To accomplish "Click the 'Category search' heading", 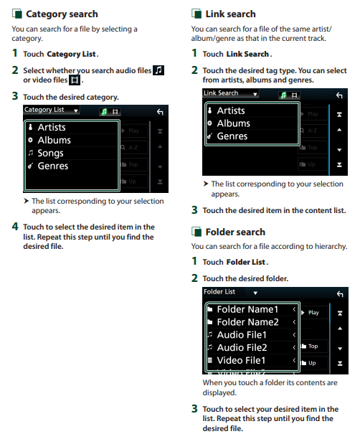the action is pos(62,14).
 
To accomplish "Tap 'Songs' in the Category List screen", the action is pos(50,153).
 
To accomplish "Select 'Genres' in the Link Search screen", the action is pos(232,136).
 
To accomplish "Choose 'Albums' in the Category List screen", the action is pos(54,140).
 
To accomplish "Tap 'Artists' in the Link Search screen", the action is pos(231,110).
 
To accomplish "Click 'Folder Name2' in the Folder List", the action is pos(247,322).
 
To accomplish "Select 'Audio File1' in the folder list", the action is pos(242,334).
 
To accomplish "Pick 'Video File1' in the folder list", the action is pos(241,360).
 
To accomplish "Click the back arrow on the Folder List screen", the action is pos(340,294).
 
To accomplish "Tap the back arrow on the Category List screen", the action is pos(160,112).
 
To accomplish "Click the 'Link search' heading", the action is pos(230,14).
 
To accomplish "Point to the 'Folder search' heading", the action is pos(235,232).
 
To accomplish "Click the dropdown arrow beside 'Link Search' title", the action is pos(255,95).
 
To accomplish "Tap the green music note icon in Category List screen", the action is pos(105,112).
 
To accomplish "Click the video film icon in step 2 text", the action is pos(75,80).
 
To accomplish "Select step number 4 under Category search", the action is pos(15,226).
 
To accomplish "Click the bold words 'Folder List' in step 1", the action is pos(245,262).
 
